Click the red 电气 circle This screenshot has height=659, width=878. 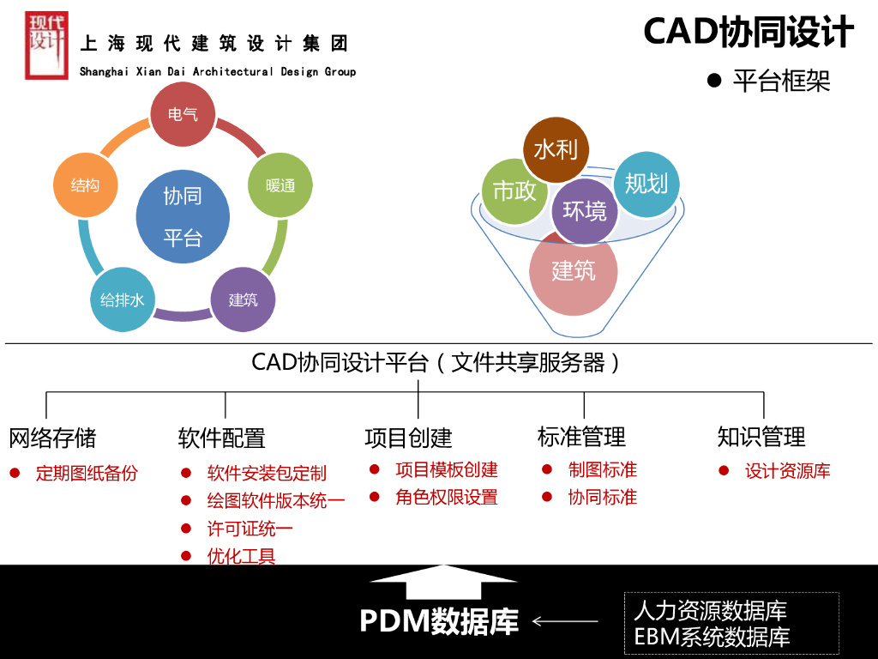pos(182,113)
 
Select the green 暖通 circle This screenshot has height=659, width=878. pos(280,184)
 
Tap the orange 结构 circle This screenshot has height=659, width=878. pos(85,184)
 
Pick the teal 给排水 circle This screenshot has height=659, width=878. pos(122,299)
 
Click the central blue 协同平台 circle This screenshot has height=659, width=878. pos(183,216)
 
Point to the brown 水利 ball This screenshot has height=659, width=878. pos(556,149)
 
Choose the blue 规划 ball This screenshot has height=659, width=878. pos(646,183)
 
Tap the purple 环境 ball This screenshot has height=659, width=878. pos(585,210)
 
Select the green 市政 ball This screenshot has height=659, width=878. pos(514,190)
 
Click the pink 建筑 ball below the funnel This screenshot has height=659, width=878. pos(574,271)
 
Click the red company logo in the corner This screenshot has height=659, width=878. pos(46,45)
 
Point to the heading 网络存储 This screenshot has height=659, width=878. pos(52,438)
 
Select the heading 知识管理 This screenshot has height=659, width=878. pos(761,437)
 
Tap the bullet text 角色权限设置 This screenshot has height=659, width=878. pos(446,498)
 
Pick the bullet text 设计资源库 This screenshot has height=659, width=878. pos(787,471)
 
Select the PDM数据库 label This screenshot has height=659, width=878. pos(439,621)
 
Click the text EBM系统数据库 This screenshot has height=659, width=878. pos(712,638)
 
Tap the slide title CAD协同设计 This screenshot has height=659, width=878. pos(749,33)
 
